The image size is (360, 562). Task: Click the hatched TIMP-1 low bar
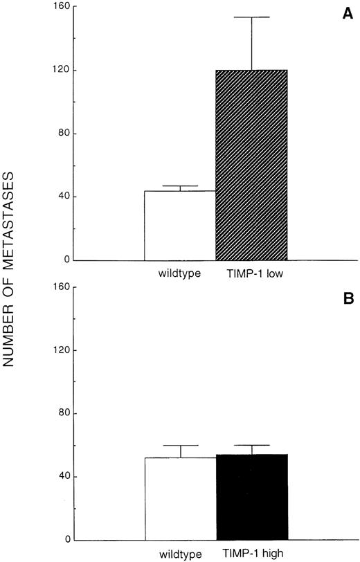point(251,165)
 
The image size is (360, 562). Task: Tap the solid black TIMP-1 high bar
point(251,497)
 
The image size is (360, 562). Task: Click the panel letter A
point(348,15)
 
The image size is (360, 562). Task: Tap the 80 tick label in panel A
point(62,134)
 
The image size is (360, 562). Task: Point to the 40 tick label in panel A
point(62,197)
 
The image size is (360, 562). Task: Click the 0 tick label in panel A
point(65,260)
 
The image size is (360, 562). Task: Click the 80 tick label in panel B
point(62,413)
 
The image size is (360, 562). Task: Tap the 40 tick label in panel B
point(62,476)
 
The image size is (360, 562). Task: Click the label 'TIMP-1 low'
point(251,274)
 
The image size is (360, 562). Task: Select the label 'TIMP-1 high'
point(252,554)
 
